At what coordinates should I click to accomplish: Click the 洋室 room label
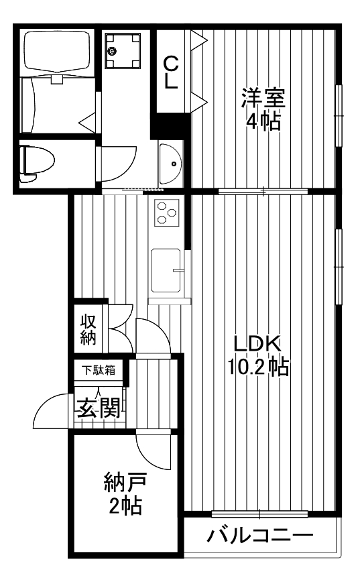click(x=263, y=99)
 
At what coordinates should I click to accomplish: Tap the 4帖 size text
click(x=263, y=121)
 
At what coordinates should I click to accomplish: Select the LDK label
click(x=256, y=343)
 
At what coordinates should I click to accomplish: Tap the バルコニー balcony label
click(x=259, y=536)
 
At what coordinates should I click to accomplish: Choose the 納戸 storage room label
click(x=125, y=482)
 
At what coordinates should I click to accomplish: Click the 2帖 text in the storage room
click(x=125, y=506)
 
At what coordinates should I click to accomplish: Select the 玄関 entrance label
click(x=97, y=408)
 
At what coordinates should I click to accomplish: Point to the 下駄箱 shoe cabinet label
click(x=98, y=369)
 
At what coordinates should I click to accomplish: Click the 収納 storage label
click(x=88, y=329)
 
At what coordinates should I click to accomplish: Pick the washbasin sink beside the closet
click(x=172, y=162)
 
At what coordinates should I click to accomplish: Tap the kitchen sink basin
click(x=166, y=270)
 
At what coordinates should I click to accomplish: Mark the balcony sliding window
click(x=259, y=514)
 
